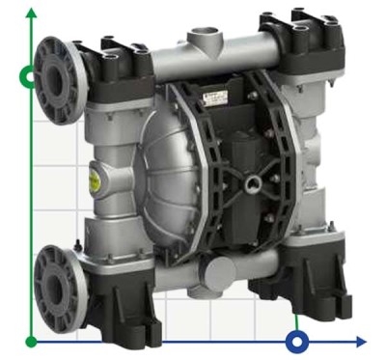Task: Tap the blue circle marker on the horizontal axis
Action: [299, 341]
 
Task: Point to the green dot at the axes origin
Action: [32, 341]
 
